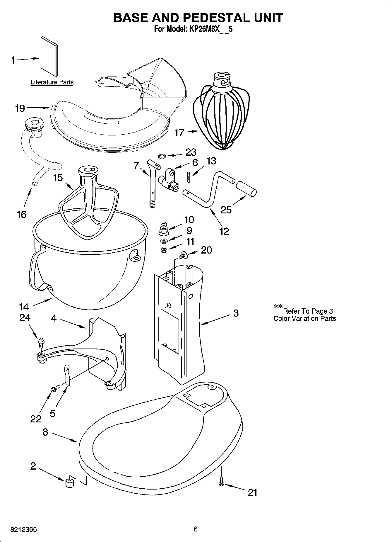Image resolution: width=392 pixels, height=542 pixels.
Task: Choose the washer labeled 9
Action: point(164,241)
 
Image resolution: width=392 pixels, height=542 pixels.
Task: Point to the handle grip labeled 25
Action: point(247,188)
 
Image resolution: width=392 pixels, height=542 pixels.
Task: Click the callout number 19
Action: point(20,108)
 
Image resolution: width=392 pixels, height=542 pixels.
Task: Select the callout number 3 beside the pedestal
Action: point(236,313)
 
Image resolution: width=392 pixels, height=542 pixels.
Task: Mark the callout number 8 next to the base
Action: point(45,432)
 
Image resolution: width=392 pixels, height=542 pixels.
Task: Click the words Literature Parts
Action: point(52,82)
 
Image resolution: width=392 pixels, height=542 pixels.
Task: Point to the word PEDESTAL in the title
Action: point(217,18)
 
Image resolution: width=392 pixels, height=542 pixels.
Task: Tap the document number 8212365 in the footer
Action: point(23,530)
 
